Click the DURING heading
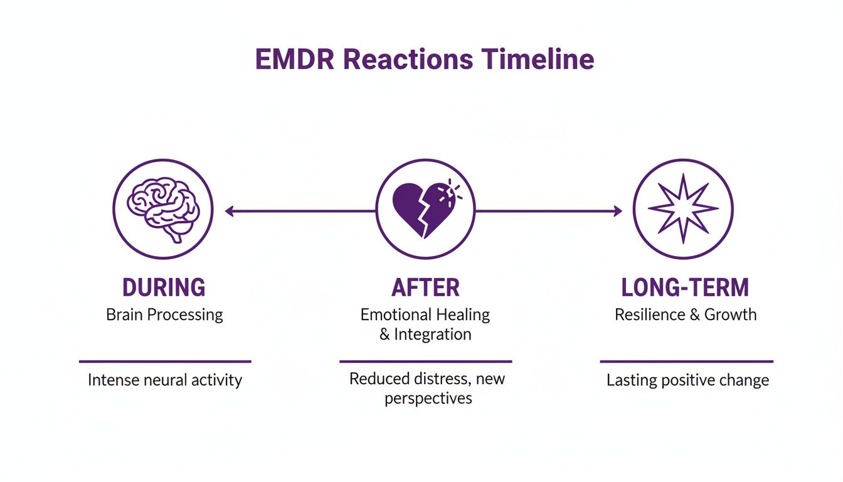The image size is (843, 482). point(164,287)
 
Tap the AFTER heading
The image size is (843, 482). point(425,287)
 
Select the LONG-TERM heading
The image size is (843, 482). point(685,287)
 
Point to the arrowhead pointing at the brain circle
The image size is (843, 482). point(230,212)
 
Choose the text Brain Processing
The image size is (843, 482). point(164,314)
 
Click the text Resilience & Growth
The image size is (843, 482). point(686,314)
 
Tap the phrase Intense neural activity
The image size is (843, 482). point(165,380)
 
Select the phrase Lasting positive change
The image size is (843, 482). point(687,380)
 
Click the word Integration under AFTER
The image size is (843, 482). point(433,335)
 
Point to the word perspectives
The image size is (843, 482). point(428,399)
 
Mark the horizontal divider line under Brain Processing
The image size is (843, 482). point(165,361)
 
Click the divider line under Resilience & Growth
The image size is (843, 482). point(686,361)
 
